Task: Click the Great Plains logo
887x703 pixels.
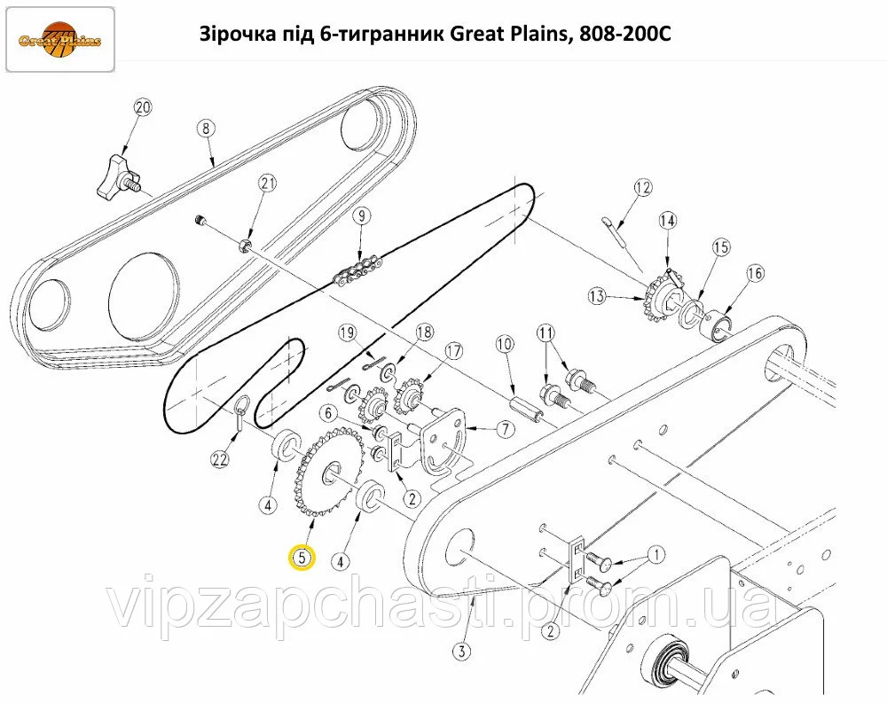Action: click(60, 40)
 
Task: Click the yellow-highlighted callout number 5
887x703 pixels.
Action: click(302, 558)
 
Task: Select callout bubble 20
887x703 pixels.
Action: click(143, 107)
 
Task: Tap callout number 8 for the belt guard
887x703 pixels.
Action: click(206, 129)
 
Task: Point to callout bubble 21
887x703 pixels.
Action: click(268, 184)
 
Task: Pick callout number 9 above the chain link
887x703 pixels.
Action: click(363, 215)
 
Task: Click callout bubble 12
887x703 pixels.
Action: click(642, 187)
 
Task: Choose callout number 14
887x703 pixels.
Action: click(668, 221)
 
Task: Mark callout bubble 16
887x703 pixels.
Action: click(756, 274)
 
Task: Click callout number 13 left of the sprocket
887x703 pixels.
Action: click(597, 296)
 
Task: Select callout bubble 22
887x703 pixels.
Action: click(220, 459)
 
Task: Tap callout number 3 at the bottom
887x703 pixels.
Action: click(462, 652)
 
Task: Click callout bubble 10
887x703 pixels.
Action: click(506, 344)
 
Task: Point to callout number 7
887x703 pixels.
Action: click(506, 429)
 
